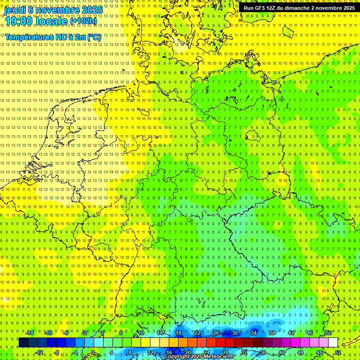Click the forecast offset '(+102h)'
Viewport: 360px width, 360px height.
coord(83,21)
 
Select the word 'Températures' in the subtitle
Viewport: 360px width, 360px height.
coord(29,37)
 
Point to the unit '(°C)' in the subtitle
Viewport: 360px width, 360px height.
coord(94,37)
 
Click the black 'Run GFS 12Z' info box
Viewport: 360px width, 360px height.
coord(299,8)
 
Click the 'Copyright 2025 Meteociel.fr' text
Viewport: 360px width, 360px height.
coord(199,357)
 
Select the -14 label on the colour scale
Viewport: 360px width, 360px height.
coord(30,333)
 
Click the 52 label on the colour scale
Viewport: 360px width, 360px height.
coord(338,352)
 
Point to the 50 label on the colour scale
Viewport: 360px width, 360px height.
coord(329,333)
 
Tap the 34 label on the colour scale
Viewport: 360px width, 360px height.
coord(254,333)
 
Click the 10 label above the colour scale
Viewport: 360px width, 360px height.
coord(141,333)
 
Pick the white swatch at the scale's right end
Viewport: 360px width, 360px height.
coord(333,343)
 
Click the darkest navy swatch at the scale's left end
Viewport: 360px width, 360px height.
coord(23,343)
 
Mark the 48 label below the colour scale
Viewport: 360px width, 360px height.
coord(319,352)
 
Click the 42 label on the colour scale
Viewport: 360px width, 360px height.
coord(291,333)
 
